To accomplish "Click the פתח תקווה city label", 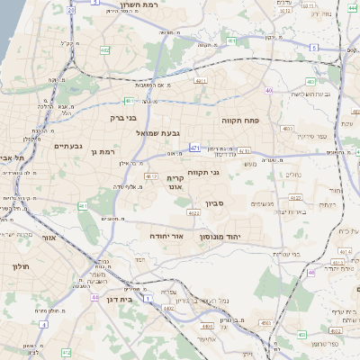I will (x=240, y=120).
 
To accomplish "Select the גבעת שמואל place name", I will (x=135, y=133).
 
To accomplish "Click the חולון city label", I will (x=22, y=267).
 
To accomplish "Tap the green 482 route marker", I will (x=105, y=50).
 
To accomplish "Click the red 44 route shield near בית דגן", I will (x=94, y=296).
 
